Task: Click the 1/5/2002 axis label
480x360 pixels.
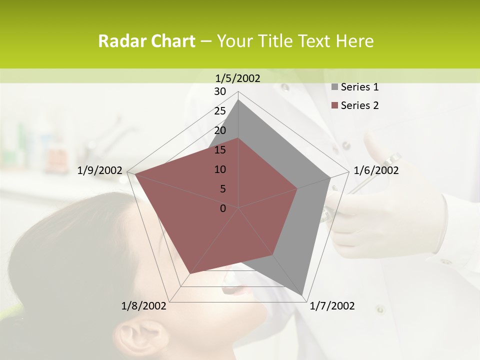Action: point(238,78)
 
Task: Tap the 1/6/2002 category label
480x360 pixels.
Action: point(376,170)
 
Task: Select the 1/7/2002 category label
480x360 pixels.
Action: point(332,306)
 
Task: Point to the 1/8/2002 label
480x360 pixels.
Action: point(144,306)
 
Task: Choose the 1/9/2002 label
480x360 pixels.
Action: point(100,170)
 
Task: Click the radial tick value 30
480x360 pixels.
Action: point(220,91)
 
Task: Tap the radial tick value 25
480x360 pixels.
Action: point(220,111)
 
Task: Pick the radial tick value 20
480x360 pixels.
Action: point(220,130)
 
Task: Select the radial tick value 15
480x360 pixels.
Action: point(220,150)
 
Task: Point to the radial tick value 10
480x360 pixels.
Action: point(220,169)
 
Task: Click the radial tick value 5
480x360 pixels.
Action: point(222,189)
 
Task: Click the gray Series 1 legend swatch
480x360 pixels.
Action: point(334,87)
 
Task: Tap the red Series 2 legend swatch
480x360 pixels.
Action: point(334,105)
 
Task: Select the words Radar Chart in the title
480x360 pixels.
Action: point(146,41)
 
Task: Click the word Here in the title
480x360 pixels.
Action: point(354,41)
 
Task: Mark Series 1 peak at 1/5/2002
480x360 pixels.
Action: point(238,100)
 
